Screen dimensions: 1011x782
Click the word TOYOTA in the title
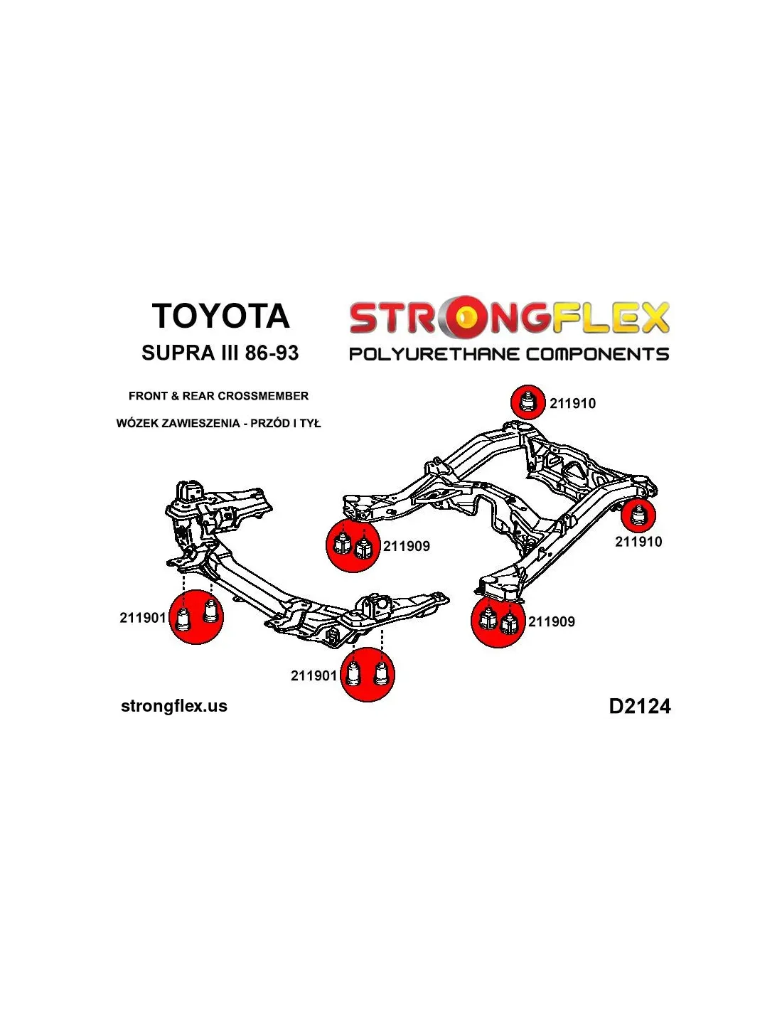tap(220, 316)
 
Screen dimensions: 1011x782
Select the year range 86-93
tap(272, 353)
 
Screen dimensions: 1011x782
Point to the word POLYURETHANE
tap(434, 354)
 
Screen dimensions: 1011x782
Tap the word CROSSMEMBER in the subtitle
tap(263, 396)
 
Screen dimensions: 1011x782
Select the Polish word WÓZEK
tap(138, 423)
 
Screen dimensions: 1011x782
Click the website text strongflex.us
tap(174, 706)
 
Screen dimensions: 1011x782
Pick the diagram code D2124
tap(639, 706)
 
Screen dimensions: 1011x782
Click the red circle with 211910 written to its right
tap(527, 402)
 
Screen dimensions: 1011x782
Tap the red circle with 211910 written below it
tap(638, 515)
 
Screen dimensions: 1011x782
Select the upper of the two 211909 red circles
tap(353, 545)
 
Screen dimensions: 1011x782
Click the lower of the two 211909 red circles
tap(498, 621)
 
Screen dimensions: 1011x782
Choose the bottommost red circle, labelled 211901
tap(368, 674)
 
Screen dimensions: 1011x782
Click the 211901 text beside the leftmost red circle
tap(143, 618)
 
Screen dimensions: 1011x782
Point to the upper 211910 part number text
tap(572, 404)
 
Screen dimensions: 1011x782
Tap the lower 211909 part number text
tap(552, 621)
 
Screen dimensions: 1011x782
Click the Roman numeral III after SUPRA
tap(230, 353)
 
